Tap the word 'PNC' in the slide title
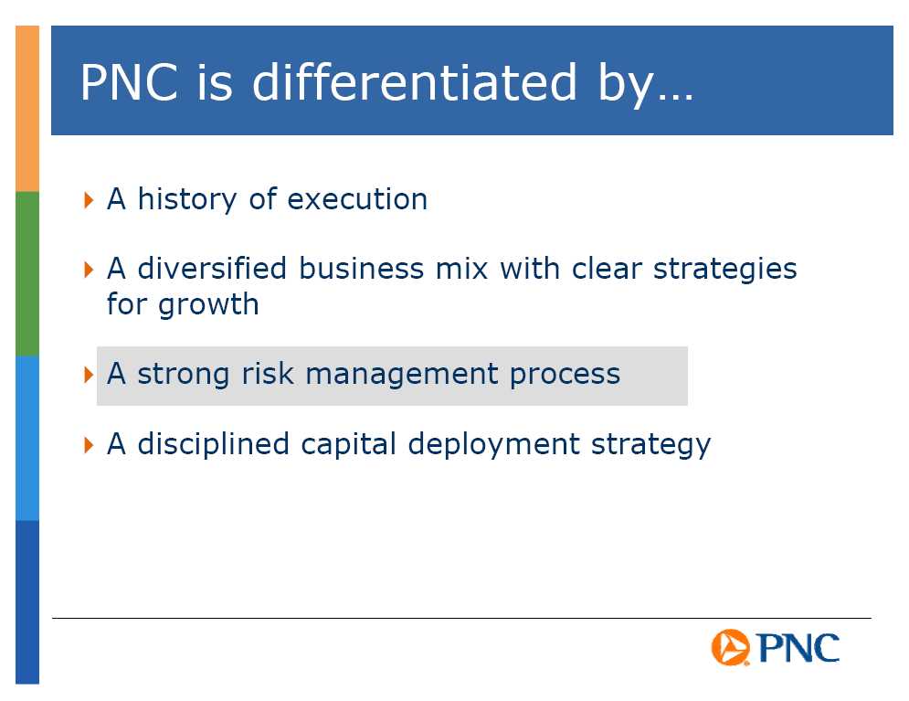pos(129,82)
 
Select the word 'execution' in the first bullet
pos(357,199)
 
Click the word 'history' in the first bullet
pos(186,199)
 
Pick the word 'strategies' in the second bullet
pos(725,271)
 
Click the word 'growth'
pos(208,305)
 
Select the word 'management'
pos(402,375)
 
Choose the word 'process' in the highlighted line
pos(565,376)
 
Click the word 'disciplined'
pos(213,444)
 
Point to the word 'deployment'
pos(493,445)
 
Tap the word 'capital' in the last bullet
pos(348,445)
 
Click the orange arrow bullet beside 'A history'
pos(89,200)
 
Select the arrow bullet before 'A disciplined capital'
pos(89,445)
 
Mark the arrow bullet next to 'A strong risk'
pos(89,375)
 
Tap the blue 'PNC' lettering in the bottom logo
pos(798,648)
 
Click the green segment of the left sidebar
pos(27,273)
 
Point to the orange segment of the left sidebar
pos(27,109)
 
